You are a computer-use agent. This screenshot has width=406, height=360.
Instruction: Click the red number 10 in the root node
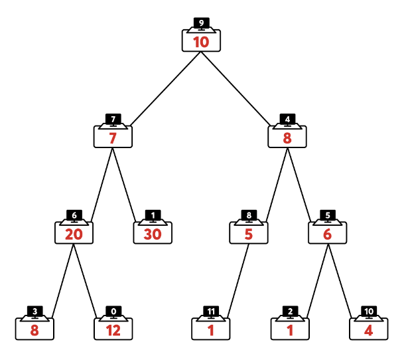(x=201, y=43)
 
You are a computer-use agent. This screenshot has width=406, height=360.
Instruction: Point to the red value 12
(x=113, y=329)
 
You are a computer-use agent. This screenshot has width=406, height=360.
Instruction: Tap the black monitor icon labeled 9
(x=201, y=24)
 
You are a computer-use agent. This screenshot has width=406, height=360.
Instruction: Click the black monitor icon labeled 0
(x=113, y=312)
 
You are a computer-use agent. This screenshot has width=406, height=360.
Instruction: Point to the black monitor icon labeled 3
(x=34, y=312)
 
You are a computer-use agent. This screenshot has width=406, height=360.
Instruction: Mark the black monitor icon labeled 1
(x=153, y=216)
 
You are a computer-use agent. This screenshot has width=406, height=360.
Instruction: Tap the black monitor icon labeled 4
(x=287, y=120)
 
